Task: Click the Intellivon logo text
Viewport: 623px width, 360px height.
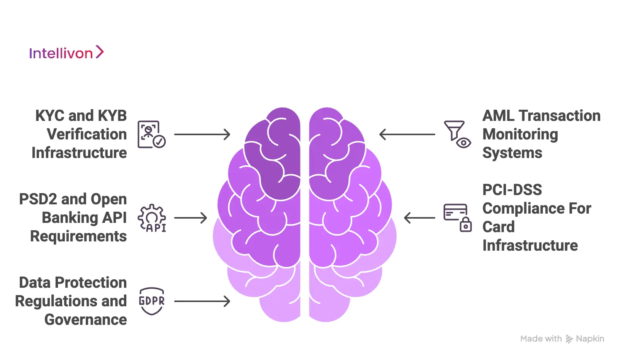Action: (x=61, y=53)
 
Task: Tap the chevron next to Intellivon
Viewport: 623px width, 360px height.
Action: (x=100, y=52)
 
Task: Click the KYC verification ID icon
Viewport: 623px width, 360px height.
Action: (x=151, y=134)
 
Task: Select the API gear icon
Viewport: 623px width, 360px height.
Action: (x=152, y=218)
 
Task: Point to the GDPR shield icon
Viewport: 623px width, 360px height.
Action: (x=152, y=301)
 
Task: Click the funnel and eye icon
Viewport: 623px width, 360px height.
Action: (x=458, y=134)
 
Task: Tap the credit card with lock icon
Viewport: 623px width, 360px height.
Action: (x=458, y=218)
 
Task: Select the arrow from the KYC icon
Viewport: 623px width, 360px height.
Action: (x=202, y=134)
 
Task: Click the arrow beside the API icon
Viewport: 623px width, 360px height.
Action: (x=190, y=218)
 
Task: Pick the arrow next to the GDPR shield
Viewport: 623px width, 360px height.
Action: (x=202, y=301)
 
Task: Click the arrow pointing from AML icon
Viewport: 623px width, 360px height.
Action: (x=407, y=134)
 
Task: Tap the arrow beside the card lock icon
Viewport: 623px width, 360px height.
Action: (x=419, y=218)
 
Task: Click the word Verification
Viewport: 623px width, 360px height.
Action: (x=87, y=134)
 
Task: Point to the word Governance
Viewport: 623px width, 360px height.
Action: (x=86, y=320)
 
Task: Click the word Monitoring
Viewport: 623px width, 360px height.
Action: (x=520, y=135)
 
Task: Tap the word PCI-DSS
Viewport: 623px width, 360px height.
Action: (x=512, y=190)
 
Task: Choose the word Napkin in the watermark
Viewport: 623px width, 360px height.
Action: (x=590, y=339)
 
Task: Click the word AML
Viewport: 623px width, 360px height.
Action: (x=498, y=116)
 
